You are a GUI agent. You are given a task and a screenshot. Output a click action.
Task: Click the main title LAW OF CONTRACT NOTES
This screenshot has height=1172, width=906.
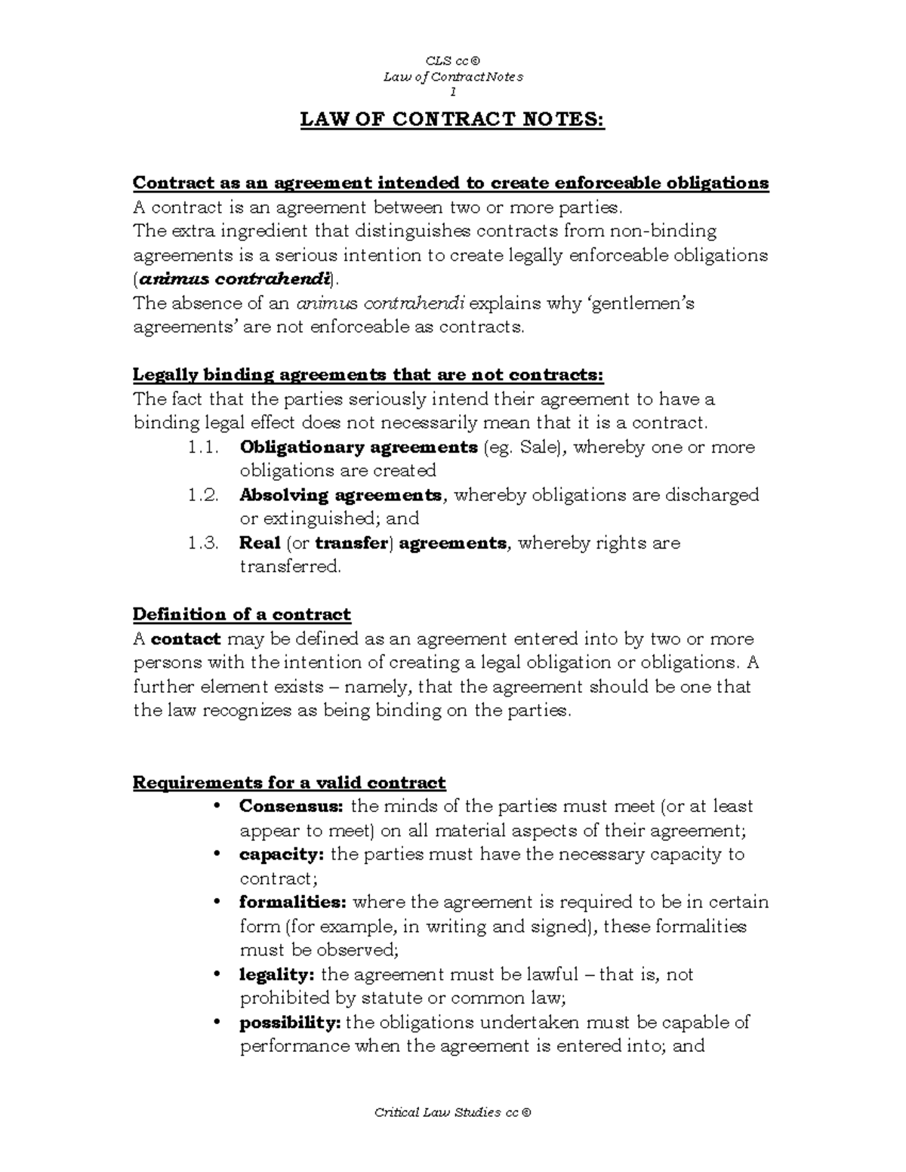452,120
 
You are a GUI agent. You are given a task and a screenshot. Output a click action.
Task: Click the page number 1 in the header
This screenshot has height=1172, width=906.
452,92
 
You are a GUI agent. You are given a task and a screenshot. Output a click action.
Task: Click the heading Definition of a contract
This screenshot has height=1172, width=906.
242,614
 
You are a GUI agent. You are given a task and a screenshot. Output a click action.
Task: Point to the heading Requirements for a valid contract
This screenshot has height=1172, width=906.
289,782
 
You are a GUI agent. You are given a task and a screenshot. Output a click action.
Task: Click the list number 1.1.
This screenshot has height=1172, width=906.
203,448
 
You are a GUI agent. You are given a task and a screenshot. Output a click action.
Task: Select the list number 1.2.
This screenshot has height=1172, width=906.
203,495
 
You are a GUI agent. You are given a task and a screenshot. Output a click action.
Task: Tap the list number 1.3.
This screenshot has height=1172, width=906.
203,543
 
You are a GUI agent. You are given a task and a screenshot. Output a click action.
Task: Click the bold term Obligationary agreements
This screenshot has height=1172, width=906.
359,448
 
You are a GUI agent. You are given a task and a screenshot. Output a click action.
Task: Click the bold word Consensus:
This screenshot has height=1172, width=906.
291,806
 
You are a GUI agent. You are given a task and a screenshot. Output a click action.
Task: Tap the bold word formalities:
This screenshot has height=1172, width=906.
293,902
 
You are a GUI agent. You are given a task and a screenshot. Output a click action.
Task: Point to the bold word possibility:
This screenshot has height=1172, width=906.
291,1023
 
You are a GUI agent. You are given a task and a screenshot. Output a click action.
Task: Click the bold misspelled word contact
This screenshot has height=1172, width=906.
186,639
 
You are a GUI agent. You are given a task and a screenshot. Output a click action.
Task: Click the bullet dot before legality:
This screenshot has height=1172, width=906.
217,974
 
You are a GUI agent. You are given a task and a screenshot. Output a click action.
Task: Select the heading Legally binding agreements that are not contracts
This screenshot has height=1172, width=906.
368,375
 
